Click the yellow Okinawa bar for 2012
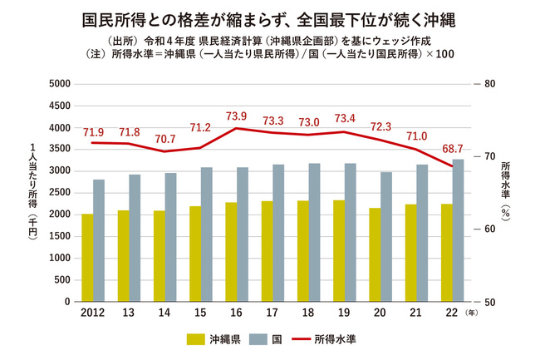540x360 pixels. coord(87,258)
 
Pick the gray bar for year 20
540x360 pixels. coord(386,237)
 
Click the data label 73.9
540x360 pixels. coord(236,116)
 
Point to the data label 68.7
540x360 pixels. coord(453,149)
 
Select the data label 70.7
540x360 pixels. coord(164,139)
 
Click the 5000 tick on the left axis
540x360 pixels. coord(57,84)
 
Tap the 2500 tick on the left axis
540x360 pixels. coord(57,193)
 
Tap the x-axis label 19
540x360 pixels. coord(344,314)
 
